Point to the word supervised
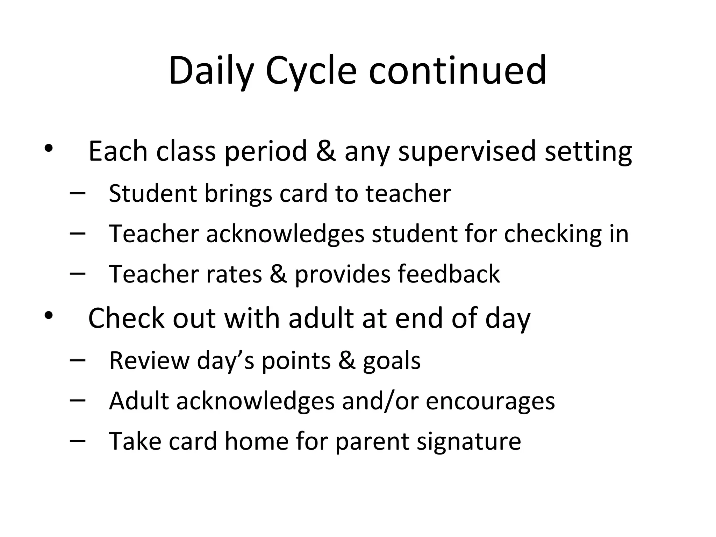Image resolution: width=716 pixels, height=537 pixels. (x=467, y=151)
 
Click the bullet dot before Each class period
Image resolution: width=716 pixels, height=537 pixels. (x=48, y=149)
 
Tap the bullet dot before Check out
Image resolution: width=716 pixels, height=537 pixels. (x=48, y=316)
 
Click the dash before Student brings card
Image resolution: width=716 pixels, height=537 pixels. (x=78, y=193)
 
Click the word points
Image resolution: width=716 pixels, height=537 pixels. (x=296, y=360)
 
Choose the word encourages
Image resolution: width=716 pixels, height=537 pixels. (x=490, y=401)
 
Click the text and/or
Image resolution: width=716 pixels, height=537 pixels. (x=380, y=401)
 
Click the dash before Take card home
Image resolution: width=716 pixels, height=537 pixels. (x=78, y=441)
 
